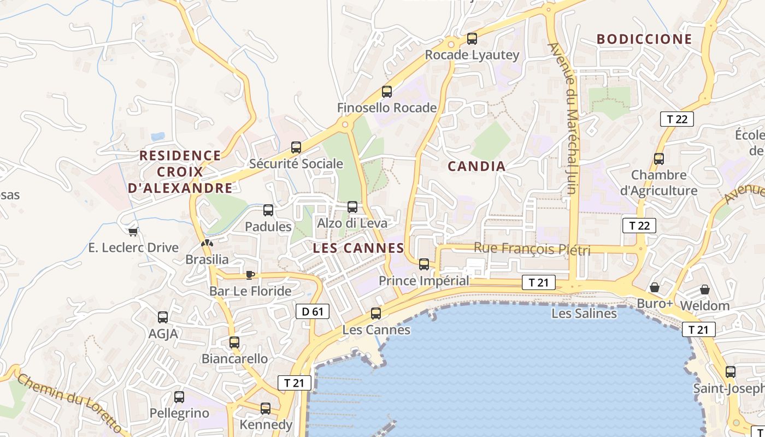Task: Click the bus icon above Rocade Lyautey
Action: [x=472, y=39]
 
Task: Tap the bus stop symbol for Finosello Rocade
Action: [x=387, y=92]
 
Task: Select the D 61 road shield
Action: [x=313, y=312]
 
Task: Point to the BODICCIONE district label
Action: [x=644, y=39]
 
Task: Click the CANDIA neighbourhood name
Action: [x=477, y=167]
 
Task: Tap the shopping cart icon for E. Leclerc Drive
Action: [x=133, y=232]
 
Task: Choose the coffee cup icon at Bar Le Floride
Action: [x=250, y=275]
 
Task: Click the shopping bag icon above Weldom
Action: [x=705, y=289]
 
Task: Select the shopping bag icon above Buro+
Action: [x=654, y=287]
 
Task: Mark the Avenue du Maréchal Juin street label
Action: [x=571, y=119]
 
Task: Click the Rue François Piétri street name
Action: [x=532, y=249]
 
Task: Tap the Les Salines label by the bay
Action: [x=584, y=314]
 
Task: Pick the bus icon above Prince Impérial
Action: [x=424, y=264]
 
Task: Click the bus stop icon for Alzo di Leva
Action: [x=352, y=207]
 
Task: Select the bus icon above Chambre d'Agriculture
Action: [x=659, y=159]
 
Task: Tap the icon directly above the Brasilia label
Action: [x=206, y=243]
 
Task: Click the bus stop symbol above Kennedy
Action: [x=266, y=408]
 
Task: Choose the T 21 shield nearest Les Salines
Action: [x=539, y=282]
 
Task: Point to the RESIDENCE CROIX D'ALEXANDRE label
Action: [x=180, y=172]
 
